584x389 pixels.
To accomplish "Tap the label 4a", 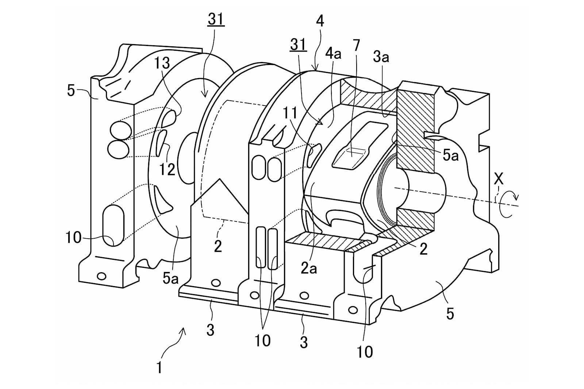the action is [x=334, y=54].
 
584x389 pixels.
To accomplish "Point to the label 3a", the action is [x=381, y=56].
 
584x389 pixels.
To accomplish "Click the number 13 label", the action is [x=162, y=63].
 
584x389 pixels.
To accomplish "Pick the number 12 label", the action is [x=167, y=169].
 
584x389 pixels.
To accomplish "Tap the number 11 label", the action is [x=290, y=113].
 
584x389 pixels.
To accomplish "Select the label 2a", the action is [x=309, y=269].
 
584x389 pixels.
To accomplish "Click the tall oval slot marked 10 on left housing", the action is [x=114, y=226].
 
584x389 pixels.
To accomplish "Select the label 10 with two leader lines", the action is [x=262, y=340].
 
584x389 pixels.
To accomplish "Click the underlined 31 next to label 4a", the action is [x=298, y=45].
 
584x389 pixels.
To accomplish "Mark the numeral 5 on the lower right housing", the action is [x=450, y=314].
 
